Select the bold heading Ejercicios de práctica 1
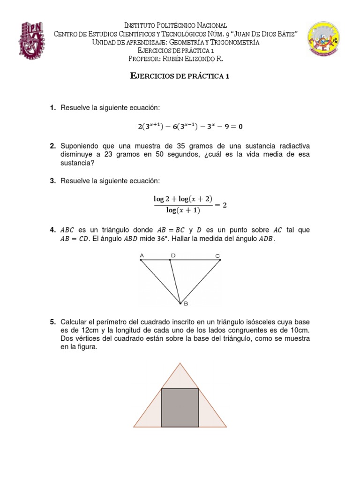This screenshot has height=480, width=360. pyautogui.click(x=180, y=77)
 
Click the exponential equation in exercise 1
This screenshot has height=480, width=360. pyautogui.click(x=190, y=127)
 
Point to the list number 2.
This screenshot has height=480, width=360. pyautogui.click(x=52, y=146)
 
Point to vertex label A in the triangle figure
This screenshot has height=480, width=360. pyautogui.click(x=141, y=255)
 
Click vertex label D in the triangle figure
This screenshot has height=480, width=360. pyautogui.click(x=173, y=255)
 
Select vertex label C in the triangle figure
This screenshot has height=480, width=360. pyautogui.click(x=217, y=255)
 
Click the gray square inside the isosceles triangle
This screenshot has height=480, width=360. pyautogui.click(x=180, y=407)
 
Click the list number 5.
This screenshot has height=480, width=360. pyautogui.click(x=52, y=322)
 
